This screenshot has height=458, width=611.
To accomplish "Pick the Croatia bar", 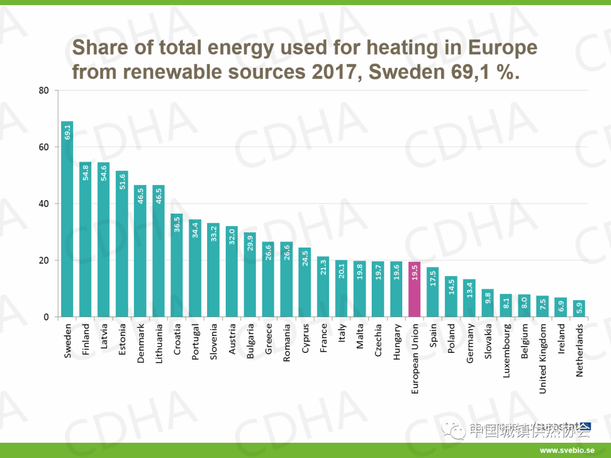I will point(177,265).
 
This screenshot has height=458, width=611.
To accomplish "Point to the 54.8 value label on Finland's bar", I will point(85,172).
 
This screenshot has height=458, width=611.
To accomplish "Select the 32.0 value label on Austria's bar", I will point(231,236).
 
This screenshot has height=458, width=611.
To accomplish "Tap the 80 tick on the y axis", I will point(44,90).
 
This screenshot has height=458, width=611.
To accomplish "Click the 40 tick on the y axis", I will point(44,204).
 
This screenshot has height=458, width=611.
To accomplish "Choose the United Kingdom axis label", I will point(543,351).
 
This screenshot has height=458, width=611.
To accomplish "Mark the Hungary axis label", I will point(397,341).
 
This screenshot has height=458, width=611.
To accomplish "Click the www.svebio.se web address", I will point(566,450).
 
